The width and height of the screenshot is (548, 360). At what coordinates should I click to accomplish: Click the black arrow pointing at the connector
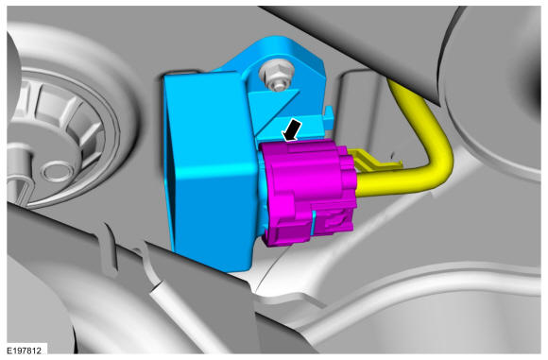coord(292,130)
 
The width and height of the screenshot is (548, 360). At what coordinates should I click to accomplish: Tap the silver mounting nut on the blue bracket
coord(276,77)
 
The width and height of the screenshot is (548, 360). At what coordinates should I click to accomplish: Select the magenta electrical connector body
coord(309,192)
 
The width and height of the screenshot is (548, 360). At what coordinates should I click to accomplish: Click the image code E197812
coord(25,351)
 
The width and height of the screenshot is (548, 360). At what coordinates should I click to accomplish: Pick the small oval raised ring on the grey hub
coord(57,170)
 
